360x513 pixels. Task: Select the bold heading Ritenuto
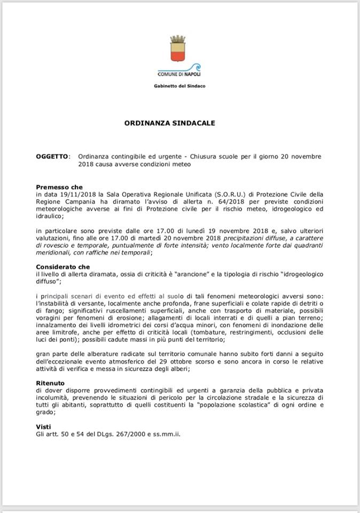point(50,383)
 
